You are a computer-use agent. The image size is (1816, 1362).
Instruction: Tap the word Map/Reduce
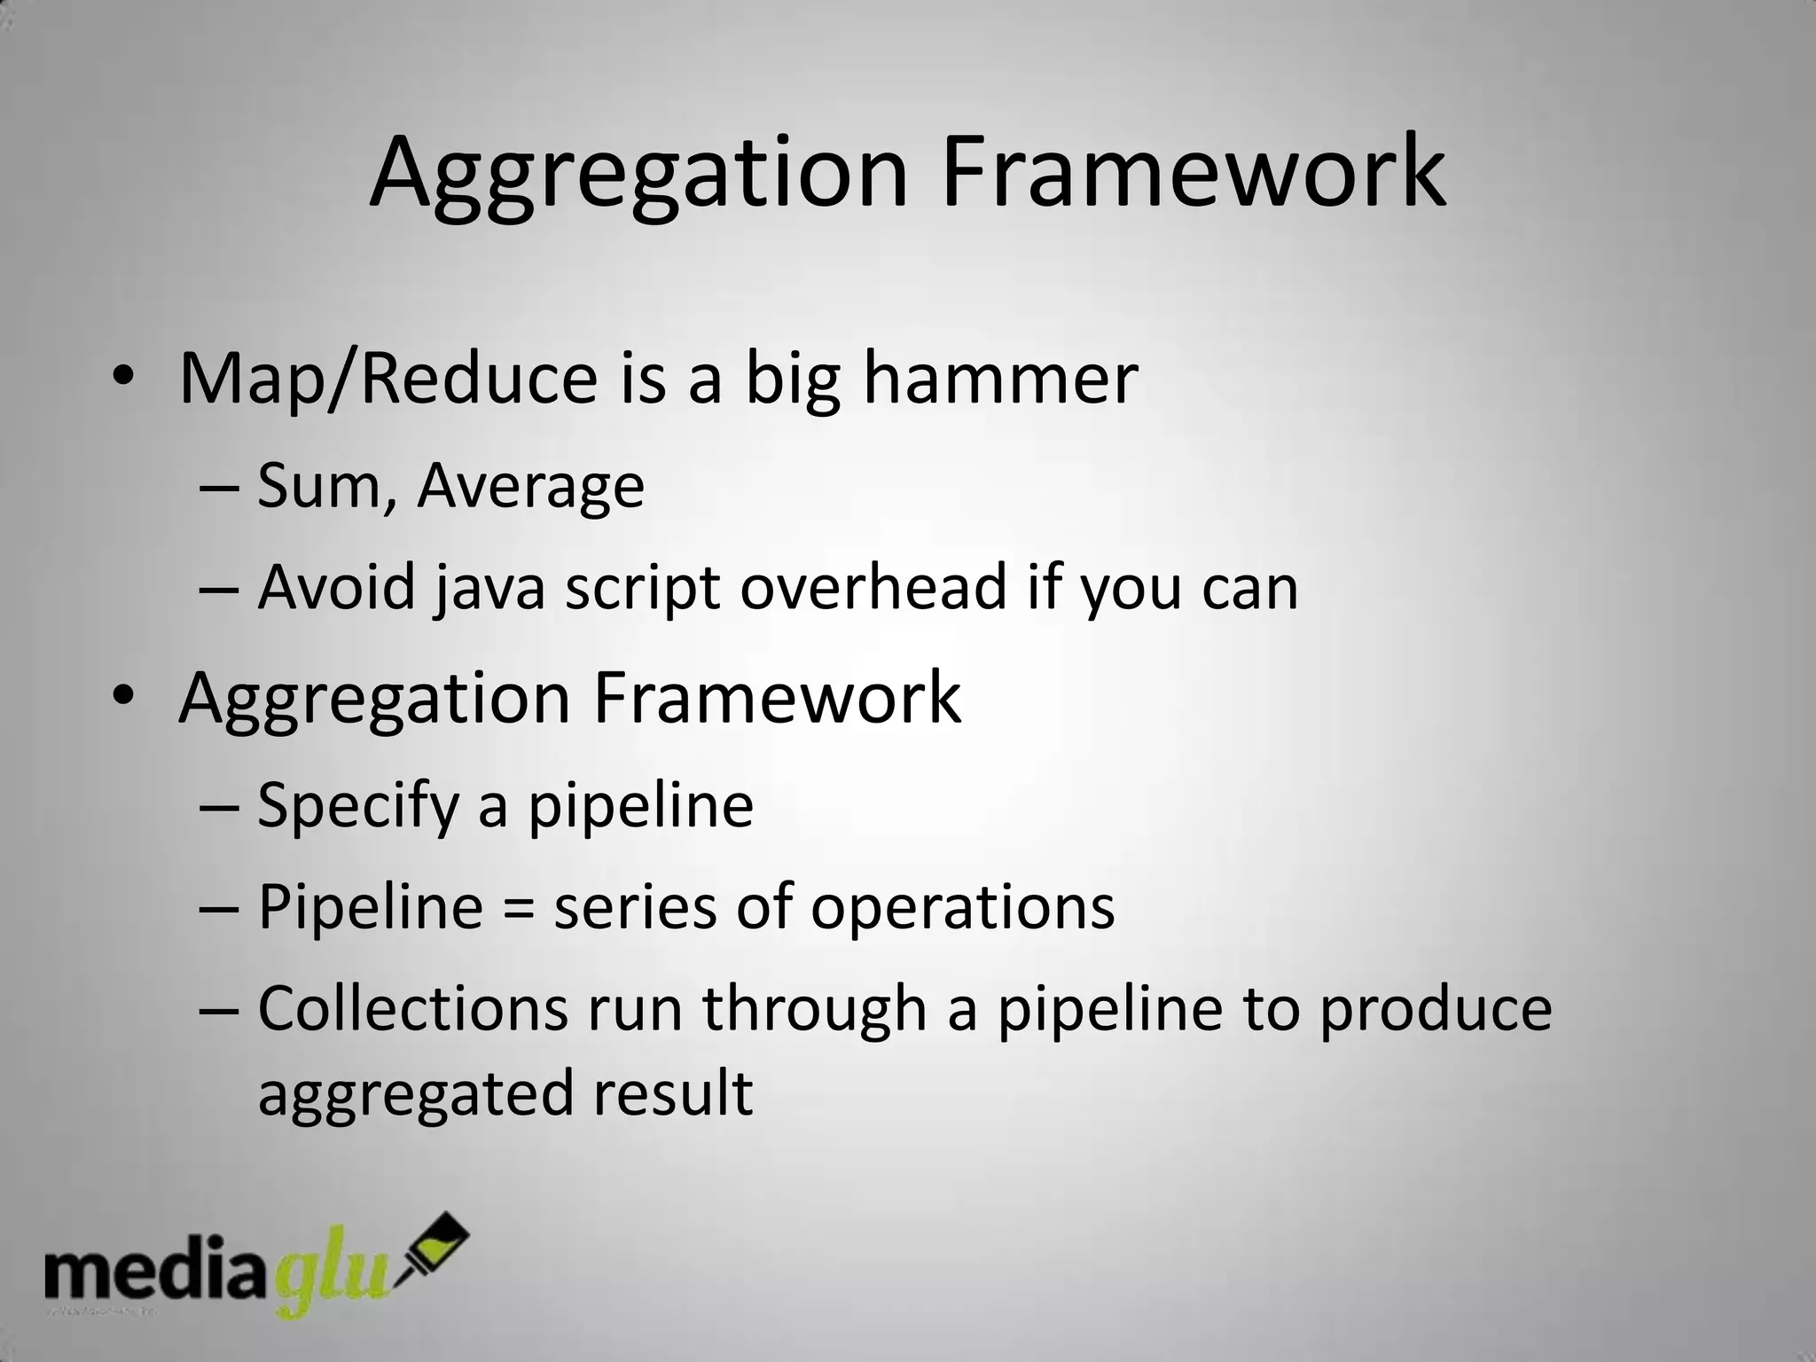pos(388,380)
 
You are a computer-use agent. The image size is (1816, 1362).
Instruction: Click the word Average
pos(530,488)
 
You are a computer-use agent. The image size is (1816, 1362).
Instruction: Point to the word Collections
pos(412,1009)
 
